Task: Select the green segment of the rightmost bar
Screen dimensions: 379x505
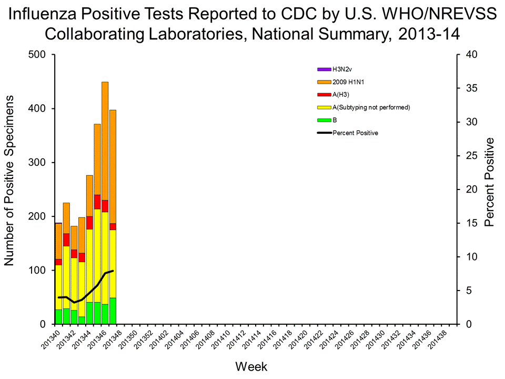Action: click(x=113, y=311)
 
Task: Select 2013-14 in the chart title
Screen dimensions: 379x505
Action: click(x=429, y=34)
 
